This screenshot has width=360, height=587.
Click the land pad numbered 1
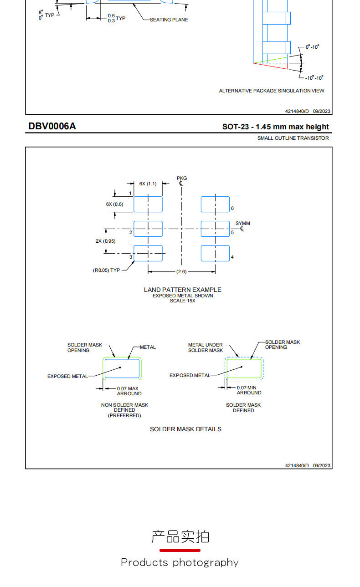(148, 204)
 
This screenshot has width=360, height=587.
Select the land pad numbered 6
(215, 204)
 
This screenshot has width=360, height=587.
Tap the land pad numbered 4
(215, 253)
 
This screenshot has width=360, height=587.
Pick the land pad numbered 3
(148, 253)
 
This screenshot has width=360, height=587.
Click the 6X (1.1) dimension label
(148, 184)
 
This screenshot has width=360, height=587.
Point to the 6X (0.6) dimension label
(114, 204)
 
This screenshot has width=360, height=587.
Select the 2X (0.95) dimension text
(105, 241)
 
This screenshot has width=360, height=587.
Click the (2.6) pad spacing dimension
(181, 271)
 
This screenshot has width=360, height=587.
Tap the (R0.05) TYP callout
(107, 270)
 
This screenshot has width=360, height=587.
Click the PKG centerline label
(182, 178)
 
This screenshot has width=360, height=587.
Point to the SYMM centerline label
(242, 223)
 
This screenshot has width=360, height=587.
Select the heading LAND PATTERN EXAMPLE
(182, 290)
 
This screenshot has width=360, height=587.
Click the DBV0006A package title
(52, 126)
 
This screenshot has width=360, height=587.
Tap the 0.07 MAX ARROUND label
(129, 391)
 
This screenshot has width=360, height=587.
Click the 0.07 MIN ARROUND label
(249, 390)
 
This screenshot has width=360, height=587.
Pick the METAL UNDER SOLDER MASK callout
(206, 347)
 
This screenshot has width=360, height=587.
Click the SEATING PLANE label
(169, 20)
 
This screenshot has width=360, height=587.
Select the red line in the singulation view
(270, 66)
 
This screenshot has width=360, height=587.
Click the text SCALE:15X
(182, 301)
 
